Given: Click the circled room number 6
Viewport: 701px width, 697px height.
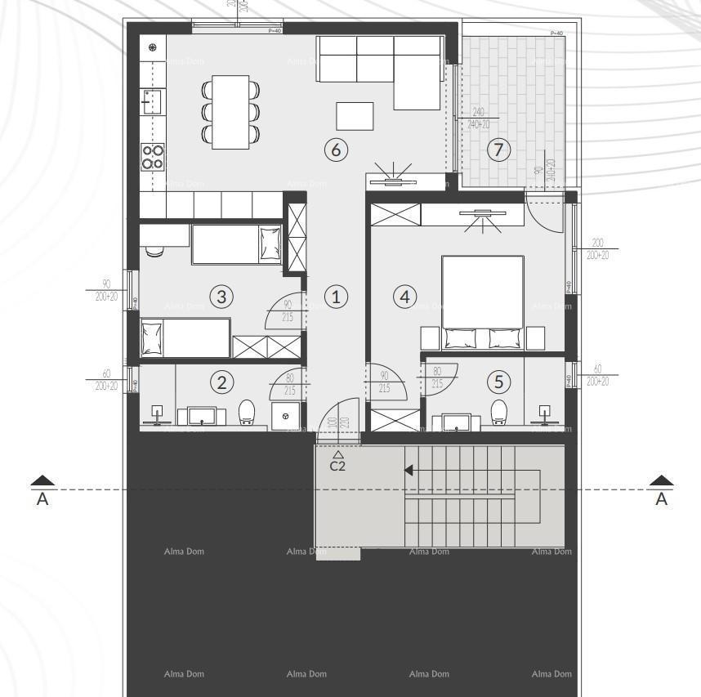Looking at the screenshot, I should (x=336, y=150).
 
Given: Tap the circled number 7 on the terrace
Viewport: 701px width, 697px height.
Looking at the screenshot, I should (x=498, y=150).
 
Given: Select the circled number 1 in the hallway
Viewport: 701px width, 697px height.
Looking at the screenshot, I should (x=336, y=297).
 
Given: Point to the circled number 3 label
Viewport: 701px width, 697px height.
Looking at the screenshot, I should (x=221, y=297).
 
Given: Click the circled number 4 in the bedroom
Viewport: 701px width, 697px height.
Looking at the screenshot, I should (x=404, y=297).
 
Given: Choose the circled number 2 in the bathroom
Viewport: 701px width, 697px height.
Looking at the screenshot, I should (x=221, y=381).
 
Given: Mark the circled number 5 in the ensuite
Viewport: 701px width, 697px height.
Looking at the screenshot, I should (x=499, y=381).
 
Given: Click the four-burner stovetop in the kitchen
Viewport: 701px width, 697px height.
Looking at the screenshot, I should (x=153, y=156).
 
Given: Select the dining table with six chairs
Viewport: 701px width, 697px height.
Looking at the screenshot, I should (x=230, y=112).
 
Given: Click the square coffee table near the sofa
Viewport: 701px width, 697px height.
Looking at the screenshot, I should (x=355, y=116).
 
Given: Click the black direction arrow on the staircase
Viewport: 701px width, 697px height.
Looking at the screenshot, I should (x=409, y=470).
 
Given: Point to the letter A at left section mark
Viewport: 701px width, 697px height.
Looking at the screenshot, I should (x=43, y=499).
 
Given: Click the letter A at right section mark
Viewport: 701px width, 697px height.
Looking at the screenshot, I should (x=663, y=499).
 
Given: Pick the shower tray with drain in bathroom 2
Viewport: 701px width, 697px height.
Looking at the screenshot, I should (x=285, y=414).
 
